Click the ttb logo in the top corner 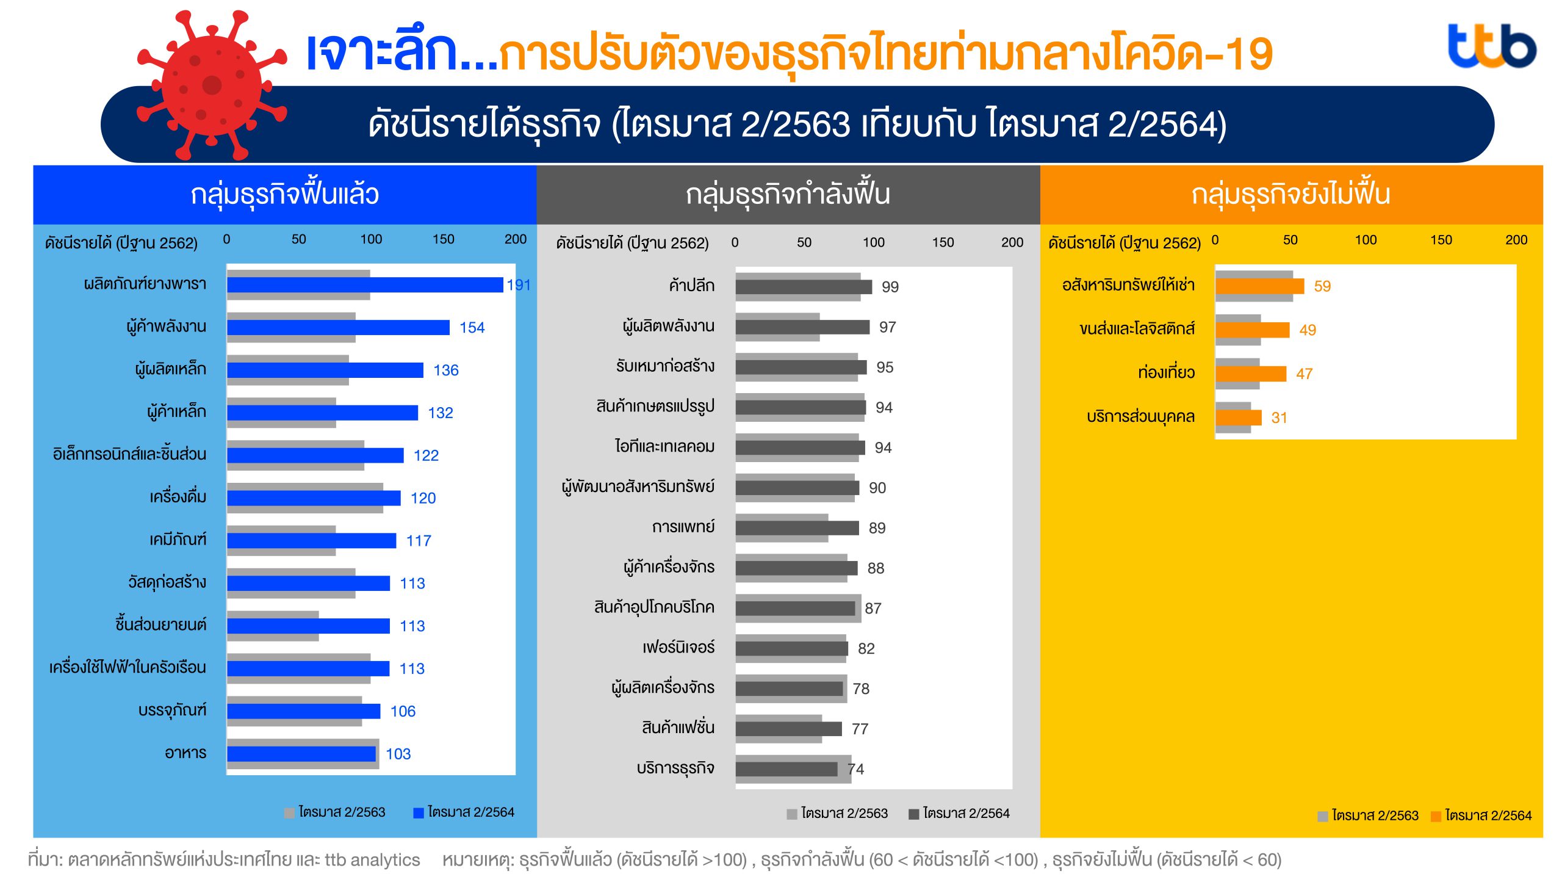tap(1491, 46)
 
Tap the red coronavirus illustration tap(211, 85)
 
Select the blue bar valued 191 tap(365, 285)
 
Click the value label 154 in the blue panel tap(472, 328)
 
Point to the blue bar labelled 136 tap(325, 371)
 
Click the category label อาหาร tap(185, 753)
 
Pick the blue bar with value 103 tap(301, 754)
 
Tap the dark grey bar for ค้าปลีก tap(804, 287)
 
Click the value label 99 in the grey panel tap(890, 287)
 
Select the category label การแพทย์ tap(683, 527)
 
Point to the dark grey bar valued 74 tap(786, 769)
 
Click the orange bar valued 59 tap(1259, 286)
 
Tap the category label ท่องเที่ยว tap(1166, 372)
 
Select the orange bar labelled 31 tap(1238, 418)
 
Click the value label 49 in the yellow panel tap(1307, 330)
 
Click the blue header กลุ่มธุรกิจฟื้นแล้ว tap(284, 194)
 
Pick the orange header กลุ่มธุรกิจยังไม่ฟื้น tap(1290, 194)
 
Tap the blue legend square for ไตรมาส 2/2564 tap(419, 813)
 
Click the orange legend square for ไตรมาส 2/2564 tap(1436, 816)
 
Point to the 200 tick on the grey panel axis tap(1012, 242)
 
